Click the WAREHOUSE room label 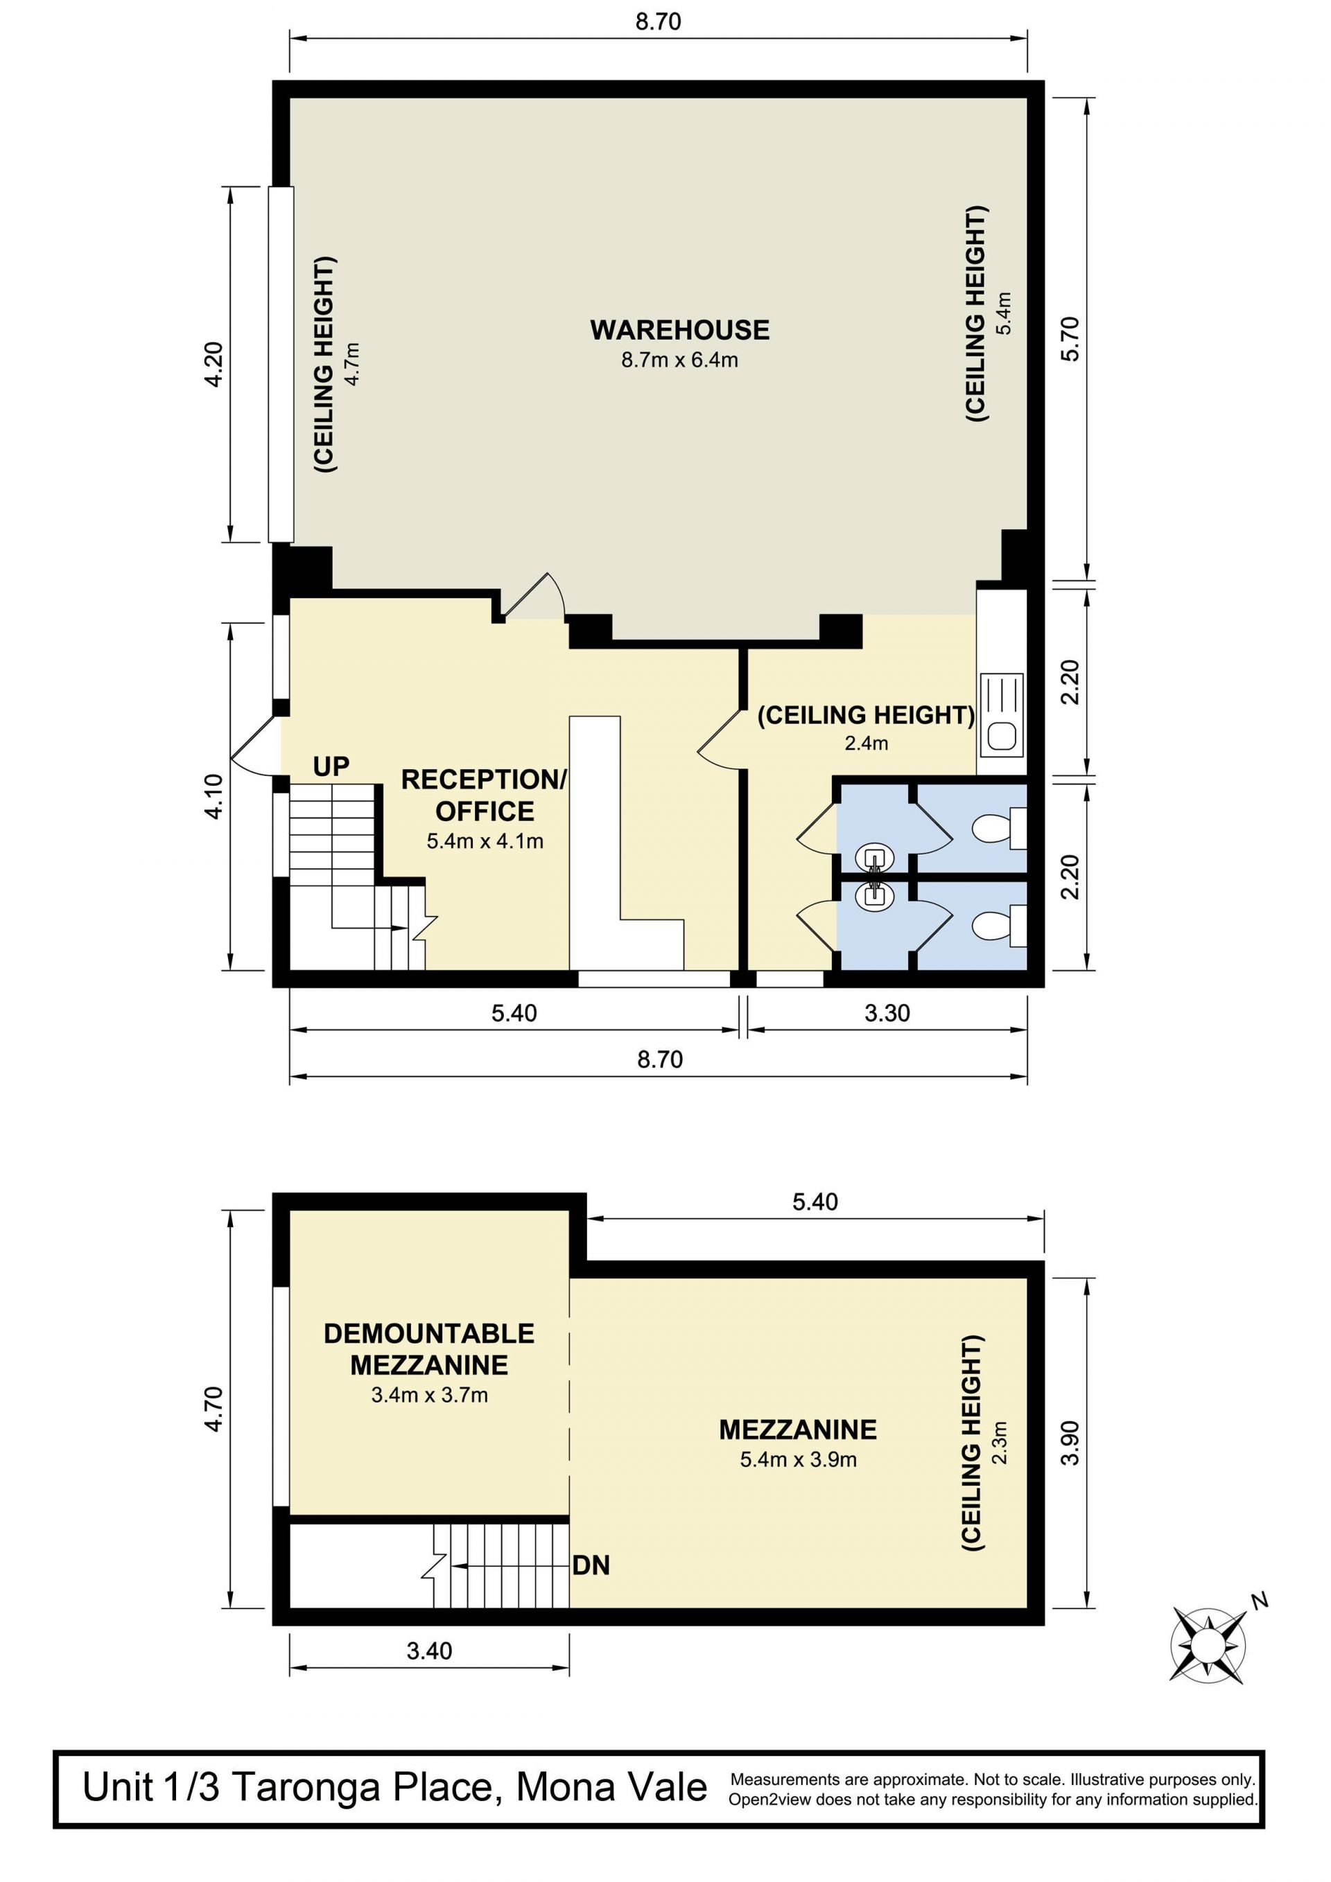tap(680, 331)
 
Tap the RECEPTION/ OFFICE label tap(484, 795)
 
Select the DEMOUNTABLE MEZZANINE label tap(429, 1349)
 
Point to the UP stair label tap(331, 766)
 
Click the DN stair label tap(591, 1565)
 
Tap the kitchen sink tap(1001, 713)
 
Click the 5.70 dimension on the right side tap(1071, 339)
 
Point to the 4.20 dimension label tap(214, 364)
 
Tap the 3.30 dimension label tap(887, 1013)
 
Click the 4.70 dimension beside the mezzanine tap(214, 1408)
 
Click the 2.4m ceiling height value tap(866, 744)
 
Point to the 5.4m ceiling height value tap(1004, 313)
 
